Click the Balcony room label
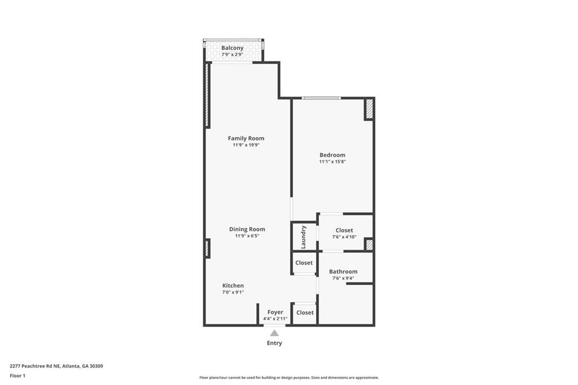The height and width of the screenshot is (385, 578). (232, 48)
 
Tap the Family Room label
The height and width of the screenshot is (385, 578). (246, 138)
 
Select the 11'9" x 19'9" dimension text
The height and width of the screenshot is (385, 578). (246, 145)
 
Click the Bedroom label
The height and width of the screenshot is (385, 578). (332, 155)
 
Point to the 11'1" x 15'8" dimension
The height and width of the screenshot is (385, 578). (332, 161)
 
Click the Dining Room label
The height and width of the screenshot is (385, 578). (247, 229)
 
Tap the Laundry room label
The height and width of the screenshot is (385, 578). (303, 237)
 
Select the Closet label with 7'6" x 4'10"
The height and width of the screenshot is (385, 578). (344, 230)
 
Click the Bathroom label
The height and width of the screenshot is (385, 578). (343, 272)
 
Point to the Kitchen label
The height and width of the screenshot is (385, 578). (233, 286)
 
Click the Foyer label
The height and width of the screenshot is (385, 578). (275, 312)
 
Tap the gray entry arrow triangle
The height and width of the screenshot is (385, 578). (274, 334)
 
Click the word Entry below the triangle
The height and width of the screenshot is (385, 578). (274, 343)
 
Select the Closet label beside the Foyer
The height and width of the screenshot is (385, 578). (305, 312)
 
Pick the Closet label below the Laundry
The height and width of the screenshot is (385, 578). (304, 262)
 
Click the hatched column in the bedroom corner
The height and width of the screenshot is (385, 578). (369, 109)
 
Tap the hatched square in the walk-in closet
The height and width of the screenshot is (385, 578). (369, 245)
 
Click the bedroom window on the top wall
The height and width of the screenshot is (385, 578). (321, 98)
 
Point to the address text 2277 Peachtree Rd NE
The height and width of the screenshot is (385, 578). (36, 366)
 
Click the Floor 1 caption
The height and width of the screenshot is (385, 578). (17, 376)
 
